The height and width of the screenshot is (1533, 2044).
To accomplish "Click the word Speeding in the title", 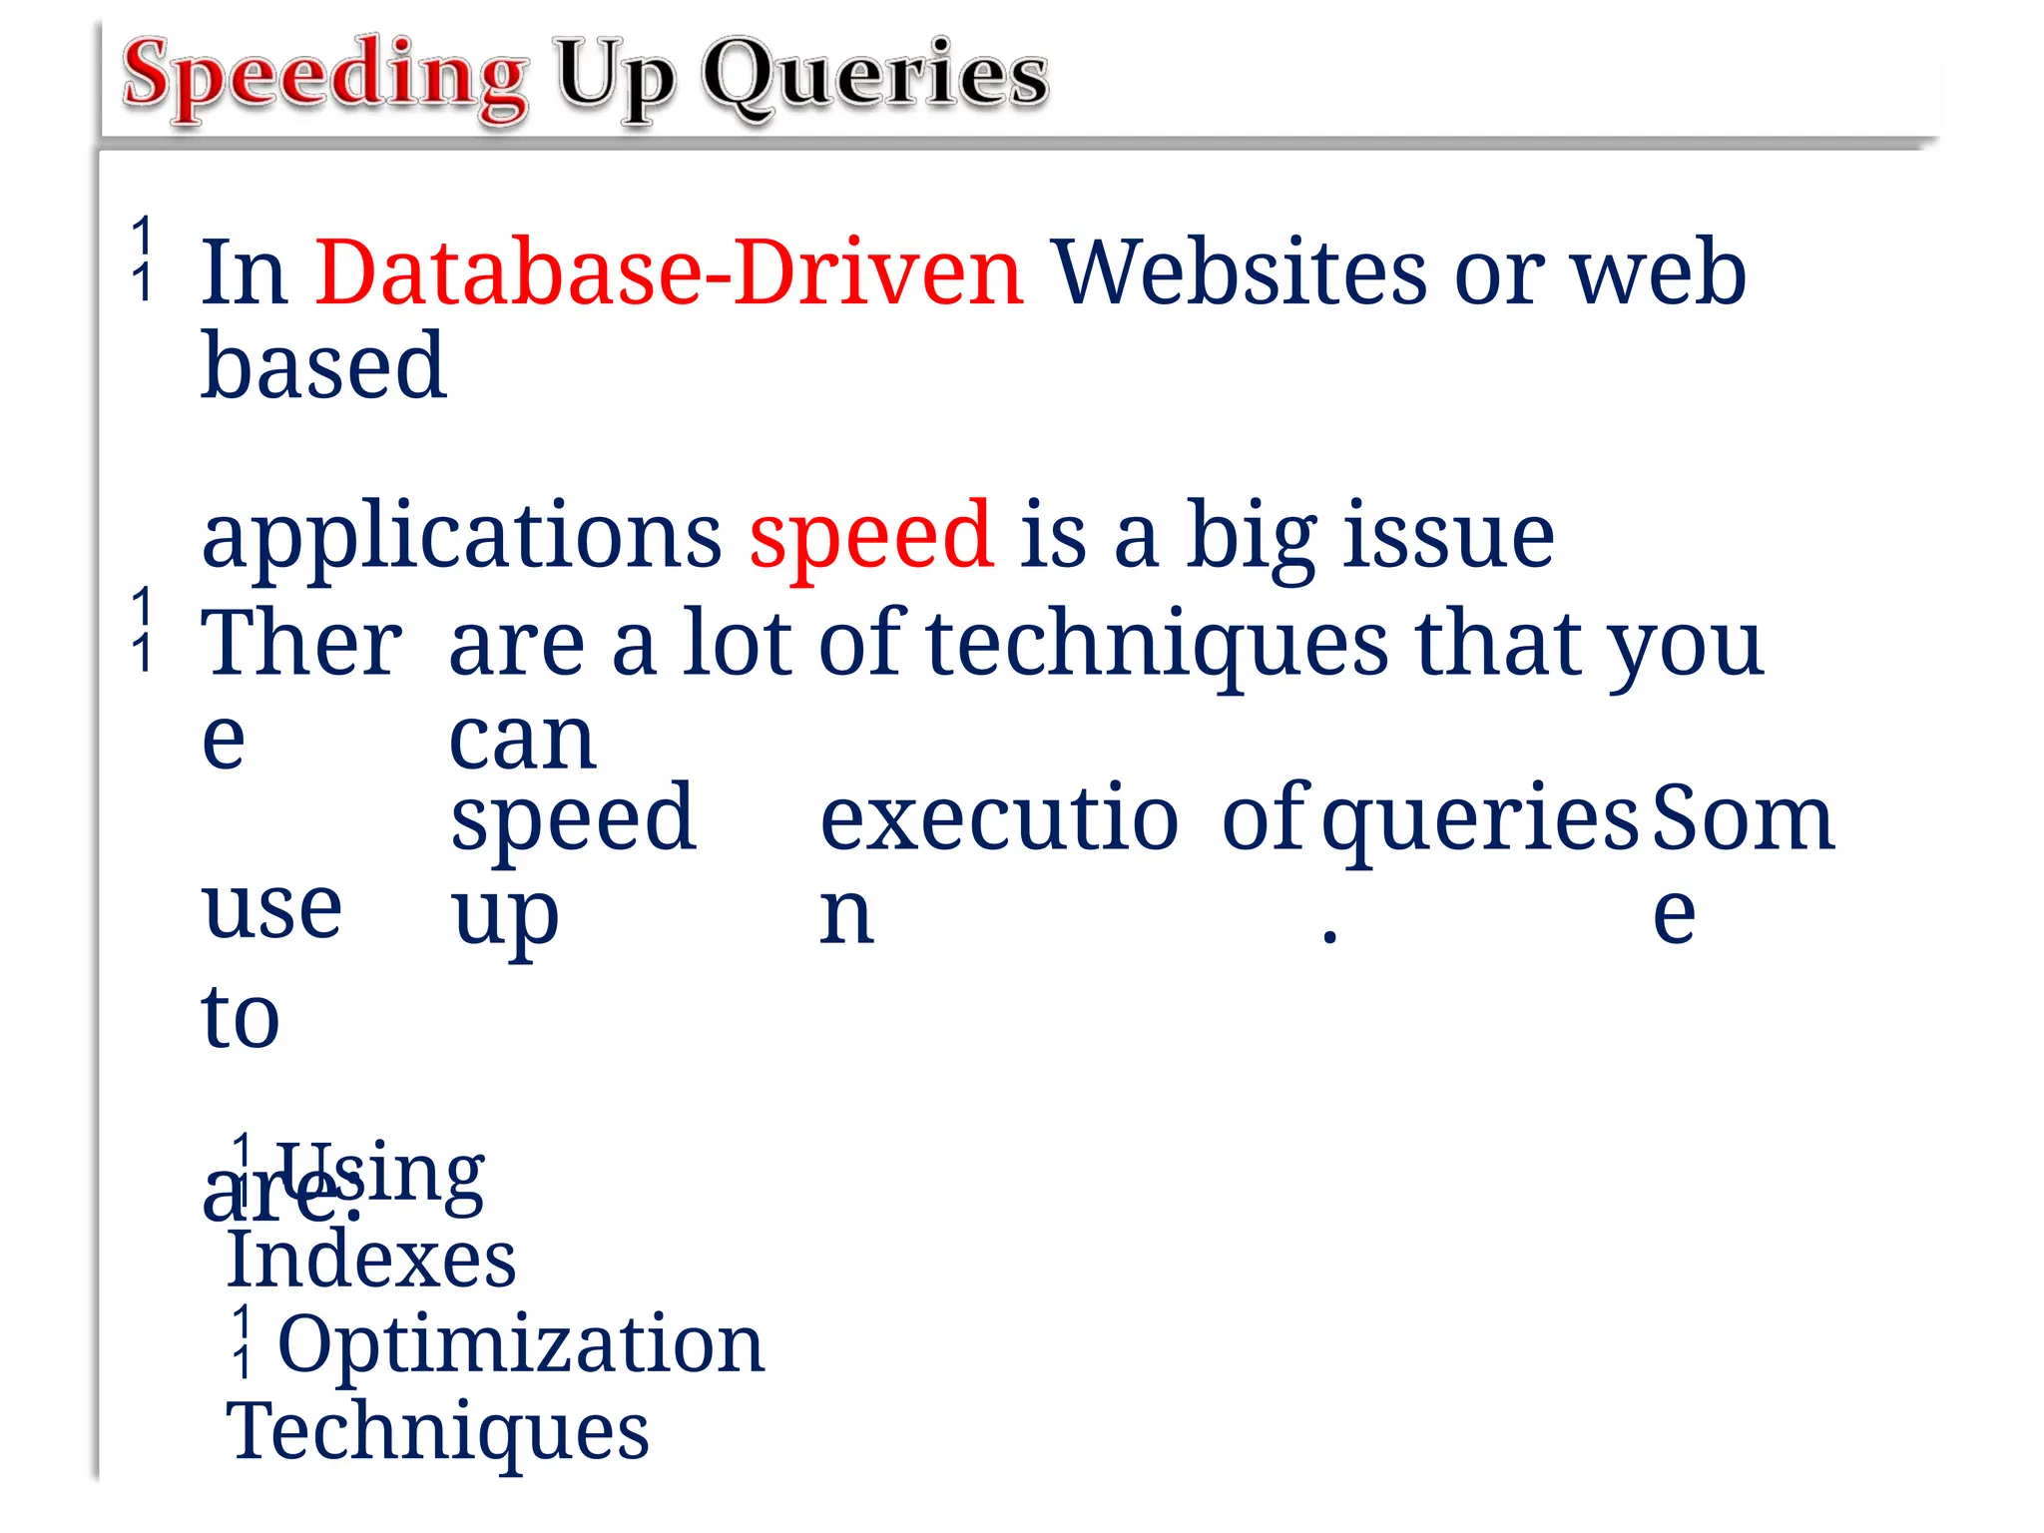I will click(x=325, y=76).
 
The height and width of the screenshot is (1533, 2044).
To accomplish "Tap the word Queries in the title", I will click(x=874, y=76).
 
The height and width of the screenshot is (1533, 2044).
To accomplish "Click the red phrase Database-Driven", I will click(x=669, y=272).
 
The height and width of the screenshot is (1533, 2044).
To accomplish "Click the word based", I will click(x=323, y=366).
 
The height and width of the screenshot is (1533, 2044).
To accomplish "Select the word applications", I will click(x=461, y=537).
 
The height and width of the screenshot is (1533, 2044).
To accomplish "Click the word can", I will click(x=522, y=741).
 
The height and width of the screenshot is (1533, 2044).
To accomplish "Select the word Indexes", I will click(x=371, y=1260).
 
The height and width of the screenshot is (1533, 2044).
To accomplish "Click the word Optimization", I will click(x=521, y=1343).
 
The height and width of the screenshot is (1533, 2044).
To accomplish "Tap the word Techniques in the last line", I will click(x=437, y=1431).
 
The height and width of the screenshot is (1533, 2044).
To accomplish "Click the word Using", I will click(x=380, y=1174).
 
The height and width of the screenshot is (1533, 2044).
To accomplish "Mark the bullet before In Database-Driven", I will click(x=143, y=258).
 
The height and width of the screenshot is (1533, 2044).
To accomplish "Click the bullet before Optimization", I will click(x=242, y=1342).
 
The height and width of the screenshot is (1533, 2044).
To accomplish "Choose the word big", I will click(x=1252, y=537).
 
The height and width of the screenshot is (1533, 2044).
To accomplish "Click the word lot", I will click(x=738, y=644).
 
